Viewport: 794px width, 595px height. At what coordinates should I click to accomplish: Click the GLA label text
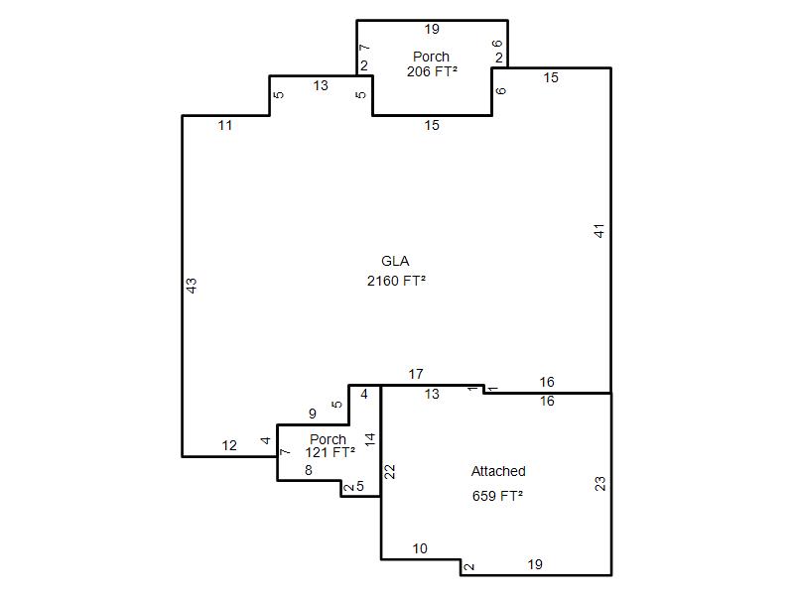click(x=395, y=261)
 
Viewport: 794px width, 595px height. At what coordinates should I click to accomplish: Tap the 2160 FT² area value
click(x=396, y=281)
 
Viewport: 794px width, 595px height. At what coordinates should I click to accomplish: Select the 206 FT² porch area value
click(x=432, y=71)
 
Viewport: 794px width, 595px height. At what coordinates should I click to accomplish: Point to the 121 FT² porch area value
click(x=331, y=452)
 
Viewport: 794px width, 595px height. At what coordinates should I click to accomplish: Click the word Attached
click(x=498, y=472)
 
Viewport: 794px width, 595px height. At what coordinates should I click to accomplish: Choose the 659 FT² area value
click(x=497, y=496)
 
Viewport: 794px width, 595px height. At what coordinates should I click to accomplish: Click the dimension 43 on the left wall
click(x=192, y=286)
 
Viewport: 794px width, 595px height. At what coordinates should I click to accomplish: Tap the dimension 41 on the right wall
click(x=599, y=231)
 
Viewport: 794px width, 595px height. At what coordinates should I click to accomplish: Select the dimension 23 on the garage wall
click(x=600, y=484)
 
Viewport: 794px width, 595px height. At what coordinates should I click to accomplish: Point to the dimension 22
click(x=389, y=472)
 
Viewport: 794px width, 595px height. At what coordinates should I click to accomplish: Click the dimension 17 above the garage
click(x=416, y=374)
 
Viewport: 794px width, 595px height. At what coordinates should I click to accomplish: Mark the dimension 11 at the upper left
click(x=225, y=125)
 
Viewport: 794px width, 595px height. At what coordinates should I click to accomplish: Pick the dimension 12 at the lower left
click(x=229, y=445)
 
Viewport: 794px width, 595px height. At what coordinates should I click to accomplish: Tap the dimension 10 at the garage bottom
click(x=420, y=548)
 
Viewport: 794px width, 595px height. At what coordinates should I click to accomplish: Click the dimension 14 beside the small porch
click(x=370, y=438)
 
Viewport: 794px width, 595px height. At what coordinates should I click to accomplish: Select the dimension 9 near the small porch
click(x=313, y=414)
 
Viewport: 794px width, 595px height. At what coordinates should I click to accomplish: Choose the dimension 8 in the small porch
click(x=309, y=470)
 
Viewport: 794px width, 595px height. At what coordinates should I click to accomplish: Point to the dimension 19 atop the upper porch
click(x=432, y=30)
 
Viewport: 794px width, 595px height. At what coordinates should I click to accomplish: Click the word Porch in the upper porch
click(x=431, y=57)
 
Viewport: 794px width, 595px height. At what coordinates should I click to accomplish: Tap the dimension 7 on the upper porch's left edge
click(x=364, y=48)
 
